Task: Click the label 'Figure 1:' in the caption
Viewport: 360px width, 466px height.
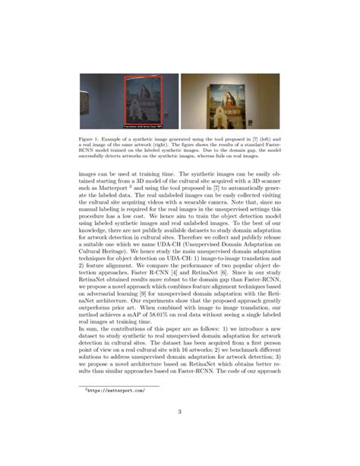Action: tap(91, 139)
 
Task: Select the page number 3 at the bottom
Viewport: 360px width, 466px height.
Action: tap(180, 413)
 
